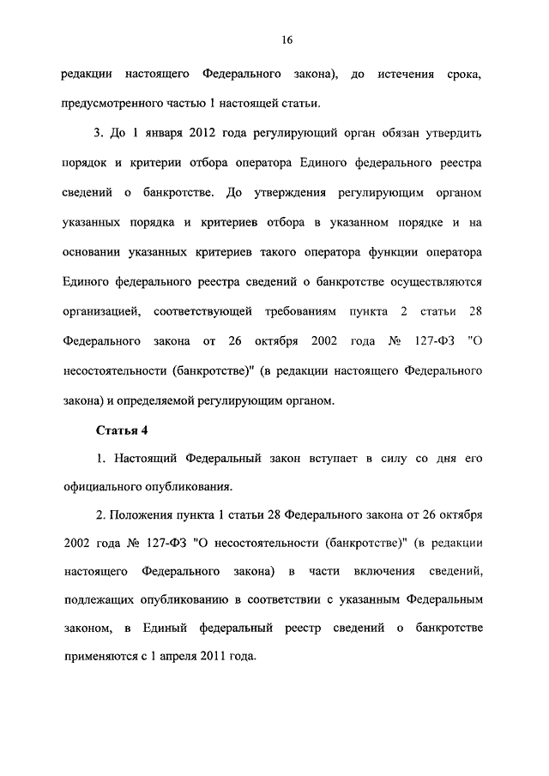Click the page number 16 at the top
tap(287, 39)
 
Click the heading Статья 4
tap(106, 430)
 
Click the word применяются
tap(105, 658)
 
